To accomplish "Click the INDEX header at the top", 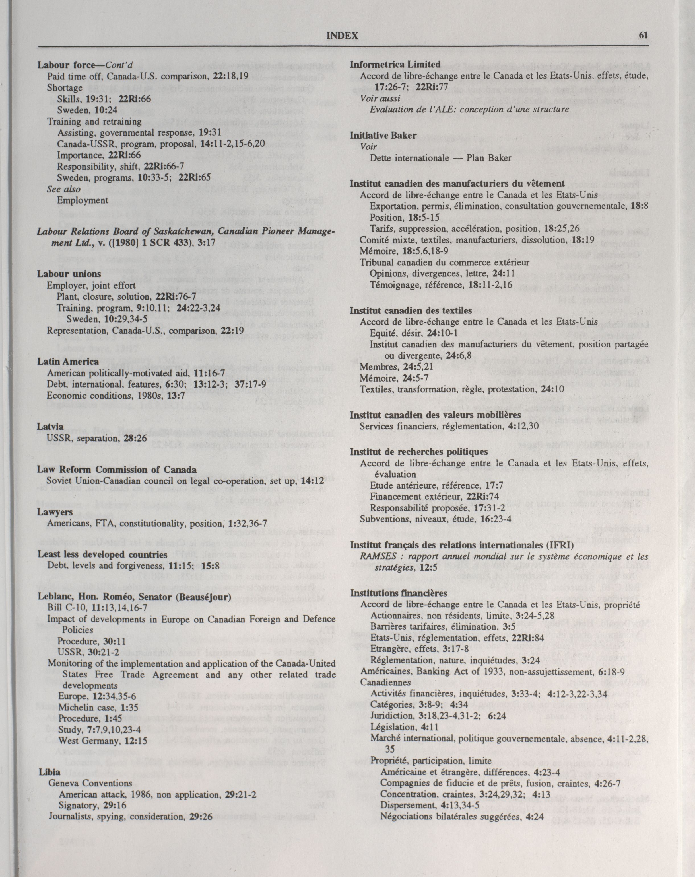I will [x=342, y=36].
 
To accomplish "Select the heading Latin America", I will [x=68, y=362].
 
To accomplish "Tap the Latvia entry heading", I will [x=50, y=427].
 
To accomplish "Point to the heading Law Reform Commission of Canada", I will [x=117, y=470].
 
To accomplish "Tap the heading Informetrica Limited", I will [x=395, y=64].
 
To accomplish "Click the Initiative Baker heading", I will [x=383, y=136].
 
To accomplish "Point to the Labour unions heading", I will [x=69, y=274].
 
